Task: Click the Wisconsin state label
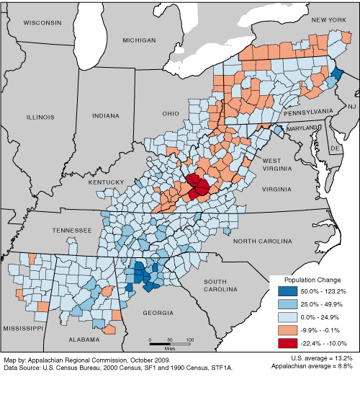[42, 23]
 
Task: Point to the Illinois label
[40, 116]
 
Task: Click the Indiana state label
[106, 115]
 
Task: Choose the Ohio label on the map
[170, 113]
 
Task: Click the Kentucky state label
[107, 183]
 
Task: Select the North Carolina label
[264, 240]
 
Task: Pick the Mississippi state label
[22, 327]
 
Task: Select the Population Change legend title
[310, 279]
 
